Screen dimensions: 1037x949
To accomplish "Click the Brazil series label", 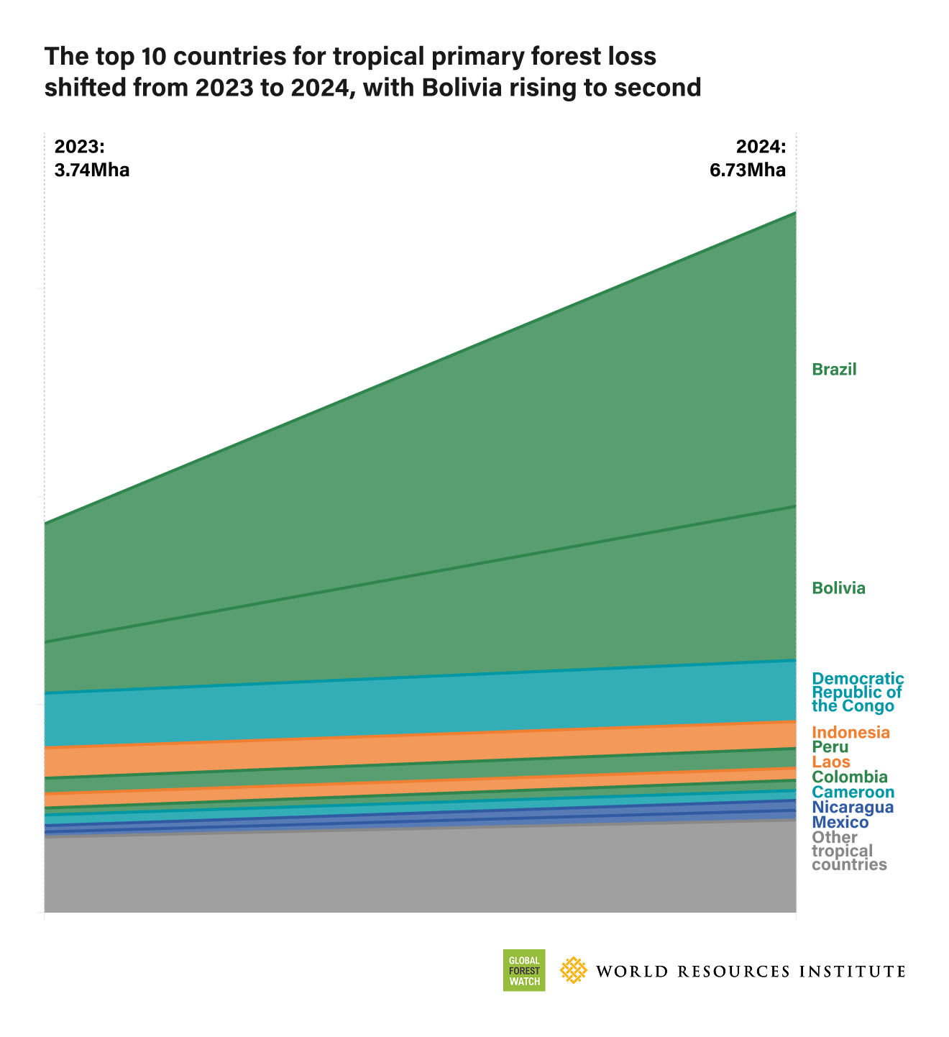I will [x=834, y=370].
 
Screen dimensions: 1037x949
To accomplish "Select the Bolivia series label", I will [x=838, y=588].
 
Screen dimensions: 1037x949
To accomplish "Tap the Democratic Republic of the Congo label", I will [x=857, y=692].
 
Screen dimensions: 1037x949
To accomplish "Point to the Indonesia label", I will [x=851, y=733].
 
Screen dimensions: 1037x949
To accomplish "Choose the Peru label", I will [x=830, y=747].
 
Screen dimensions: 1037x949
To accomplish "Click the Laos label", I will [x=831, y=762].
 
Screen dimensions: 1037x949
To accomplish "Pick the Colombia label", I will [x=849, y=777].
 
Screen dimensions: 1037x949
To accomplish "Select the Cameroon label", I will [x=853, y=792].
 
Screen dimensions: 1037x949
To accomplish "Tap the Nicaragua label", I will [x=853, y=807].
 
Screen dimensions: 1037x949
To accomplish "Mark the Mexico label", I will [x=840, y=822].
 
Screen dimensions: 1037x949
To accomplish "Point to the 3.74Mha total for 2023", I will [x=92, y=170].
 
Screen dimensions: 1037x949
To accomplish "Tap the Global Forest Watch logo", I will [x=523, y=970].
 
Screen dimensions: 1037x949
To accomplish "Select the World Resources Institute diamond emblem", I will [x=573, y=970].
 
